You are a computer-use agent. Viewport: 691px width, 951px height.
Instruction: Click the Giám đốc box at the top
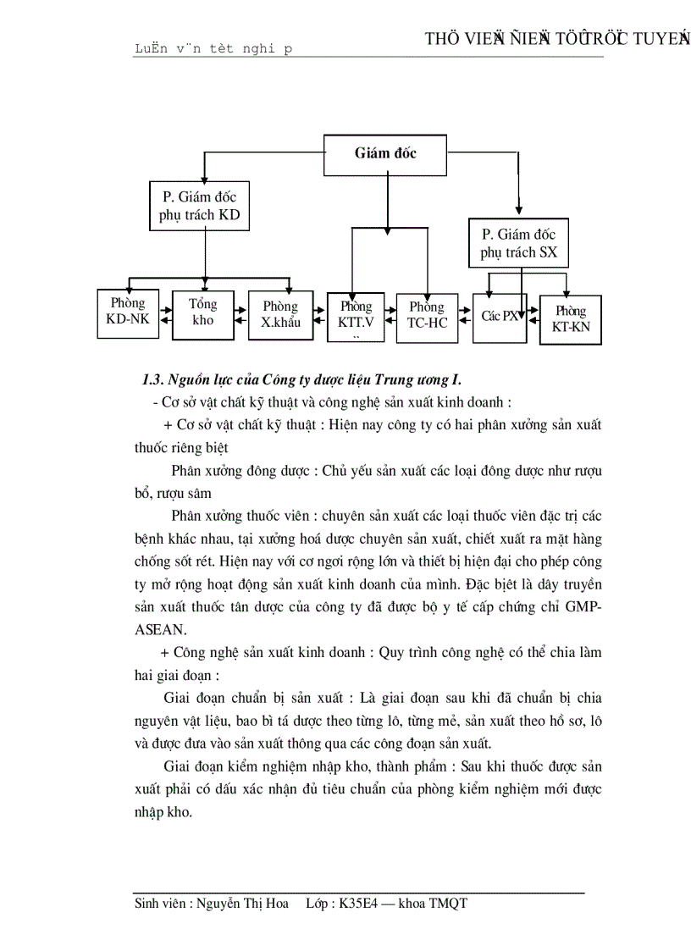click(385, 153)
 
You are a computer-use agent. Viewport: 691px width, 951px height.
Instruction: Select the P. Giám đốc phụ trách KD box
click(199, 206)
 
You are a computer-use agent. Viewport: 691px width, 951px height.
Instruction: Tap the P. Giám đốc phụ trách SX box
click(518, 243)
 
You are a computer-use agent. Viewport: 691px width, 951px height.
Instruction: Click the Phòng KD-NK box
click(128, 312)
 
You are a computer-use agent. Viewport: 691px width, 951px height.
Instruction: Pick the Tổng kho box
click(203, 314)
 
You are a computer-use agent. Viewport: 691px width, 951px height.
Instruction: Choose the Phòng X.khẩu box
click(279, 314)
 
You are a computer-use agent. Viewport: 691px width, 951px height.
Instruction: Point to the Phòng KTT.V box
click(357, 316)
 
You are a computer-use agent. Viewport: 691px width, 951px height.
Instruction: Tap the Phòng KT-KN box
click(570, 319)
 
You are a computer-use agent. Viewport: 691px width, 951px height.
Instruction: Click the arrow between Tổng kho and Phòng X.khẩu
click(241, 314)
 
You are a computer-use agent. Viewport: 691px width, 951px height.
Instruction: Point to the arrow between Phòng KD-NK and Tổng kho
click(165, 313)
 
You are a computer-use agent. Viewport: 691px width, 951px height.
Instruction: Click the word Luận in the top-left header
click(151, 49)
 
